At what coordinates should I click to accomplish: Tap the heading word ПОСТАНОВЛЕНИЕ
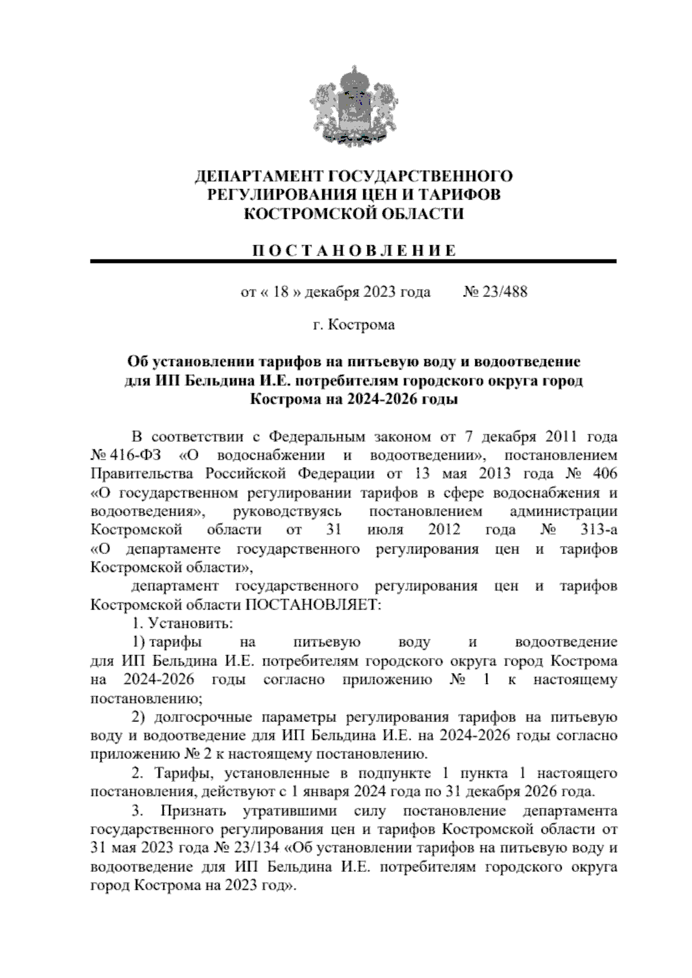coord(353,251)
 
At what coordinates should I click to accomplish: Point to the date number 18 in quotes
coord(280,292)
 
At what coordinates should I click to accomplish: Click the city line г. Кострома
coord(353,325)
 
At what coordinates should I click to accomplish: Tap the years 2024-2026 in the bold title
coord(381,400)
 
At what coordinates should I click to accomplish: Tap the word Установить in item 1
coord(190,624)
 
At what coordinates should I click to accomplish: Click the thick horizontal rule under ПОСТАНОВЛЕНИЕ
coord(353,262)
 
